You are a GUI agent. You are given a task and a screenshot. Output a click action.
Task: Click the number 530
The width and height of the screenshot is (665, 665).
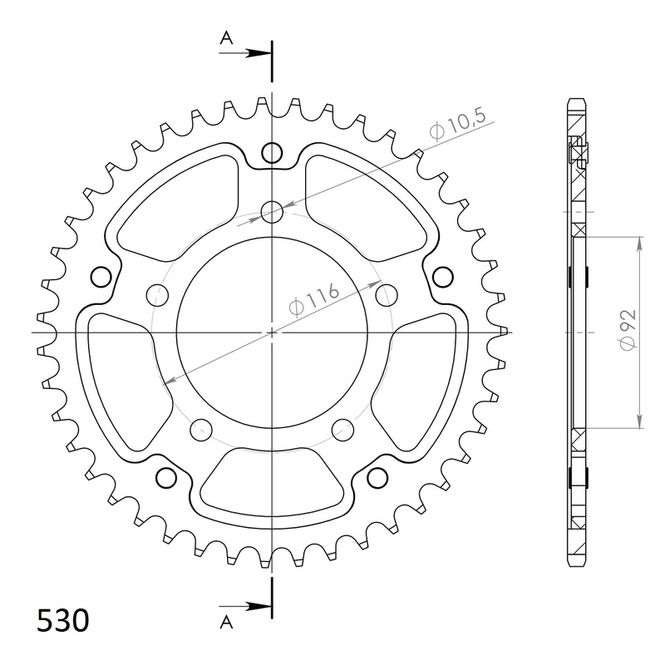pos(63,621)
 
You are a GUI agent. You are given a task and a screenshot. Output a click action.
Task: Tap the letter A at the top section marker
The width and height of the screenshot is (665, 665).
pos(225,37)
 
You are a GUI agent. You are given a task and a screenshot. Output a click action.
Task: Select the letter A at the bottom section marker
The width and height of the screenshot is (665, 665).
pos(225,620)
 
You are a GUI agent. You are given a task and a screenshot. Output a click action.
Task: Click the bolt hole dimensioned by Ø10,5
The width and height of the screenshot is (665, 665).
pos(272,213)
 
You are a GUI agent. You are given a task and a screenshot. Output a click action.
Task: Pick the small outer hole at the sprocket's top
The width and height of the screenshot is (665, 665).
pos(272,152)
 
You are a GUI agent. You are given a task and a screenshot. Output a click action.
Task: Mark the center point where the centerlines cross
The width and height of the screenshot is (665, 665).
pos(272,332)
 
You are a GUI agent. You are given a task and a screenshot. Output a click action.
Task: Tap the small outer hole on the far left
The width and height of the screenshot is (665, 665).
pos(101,276)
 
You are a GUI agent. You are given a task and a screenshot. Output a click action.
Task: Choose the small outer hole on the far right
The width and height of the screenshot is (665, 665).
pos(444,276)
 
